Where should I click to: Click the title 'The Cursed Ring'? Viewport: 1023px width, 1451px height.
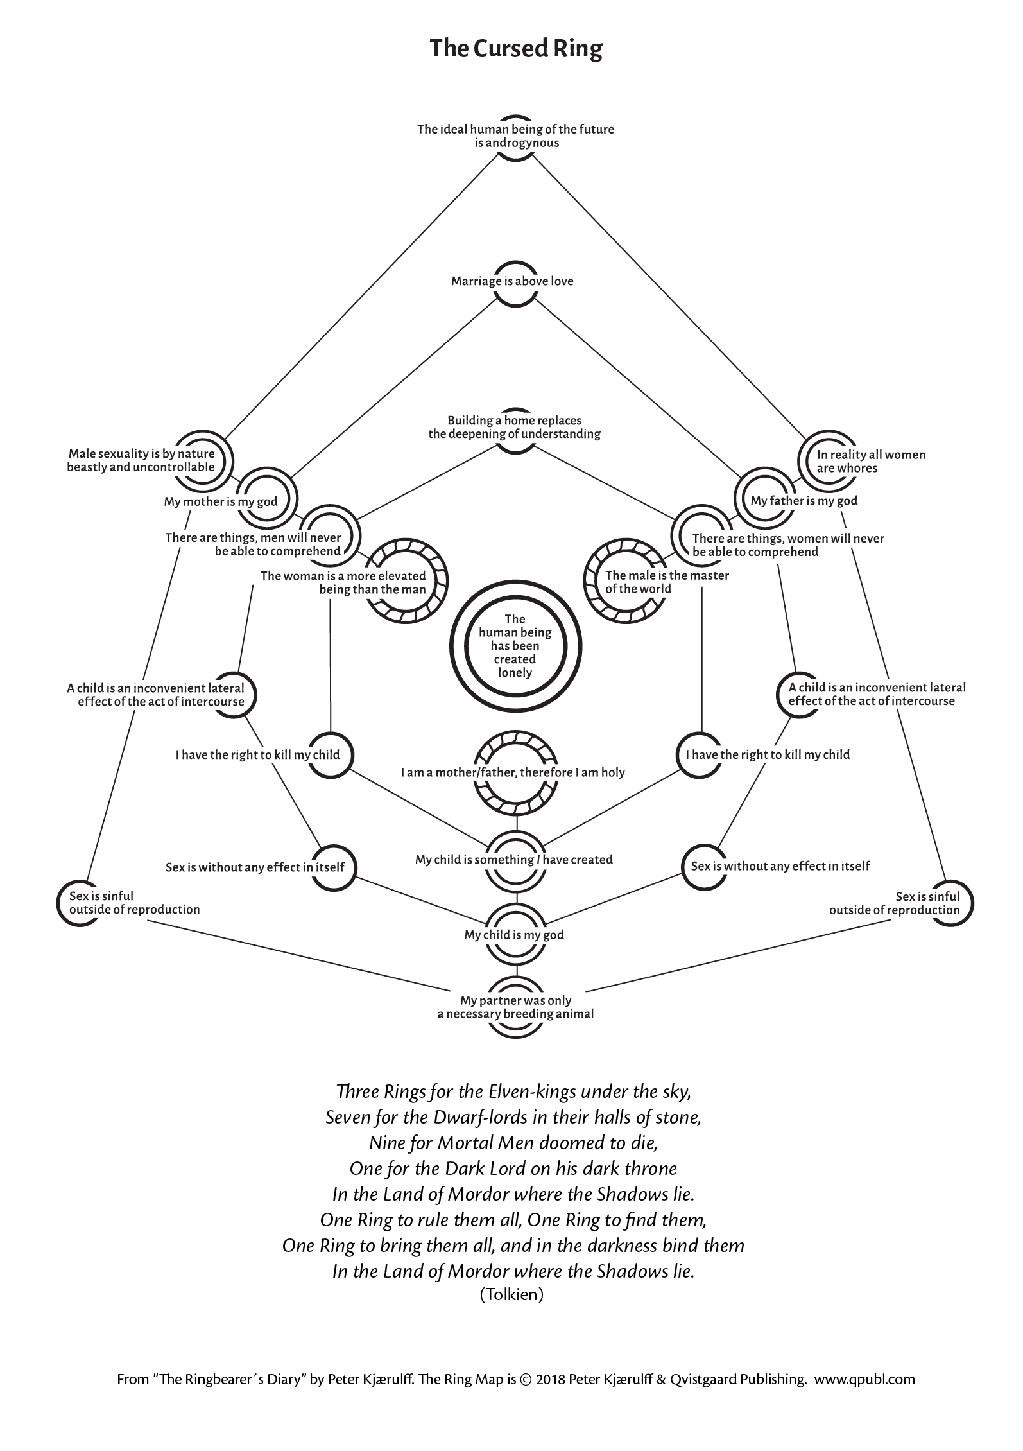[x=516, y=49]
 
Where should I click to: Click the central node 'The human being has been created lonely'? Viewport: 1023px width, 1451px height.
[x=515, y=646]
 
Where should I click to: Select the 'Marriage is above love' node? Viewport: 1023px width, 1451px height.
[x=512, y=281]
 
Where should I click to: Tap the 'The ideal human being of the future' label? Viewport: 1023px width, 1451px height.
[x=515, y=129]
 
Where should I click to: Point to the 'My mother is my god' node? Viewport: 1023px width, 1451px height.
[x=221, y=501]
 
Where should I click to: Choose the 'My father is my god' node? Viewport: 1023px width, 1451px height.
[x=804, y=501]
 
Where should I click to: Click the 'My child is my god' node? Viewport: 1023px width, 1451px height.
[x=514, y=935]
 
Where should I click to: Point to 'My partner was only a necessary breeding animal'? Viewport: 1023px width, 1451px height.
[x=515, y=1007]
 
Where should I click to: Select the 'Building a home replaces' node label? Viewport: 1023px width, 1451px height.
[x=515, y=421]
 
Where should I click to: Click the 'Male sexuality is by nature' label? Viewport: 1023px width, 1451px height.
[x=141, y=454]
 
